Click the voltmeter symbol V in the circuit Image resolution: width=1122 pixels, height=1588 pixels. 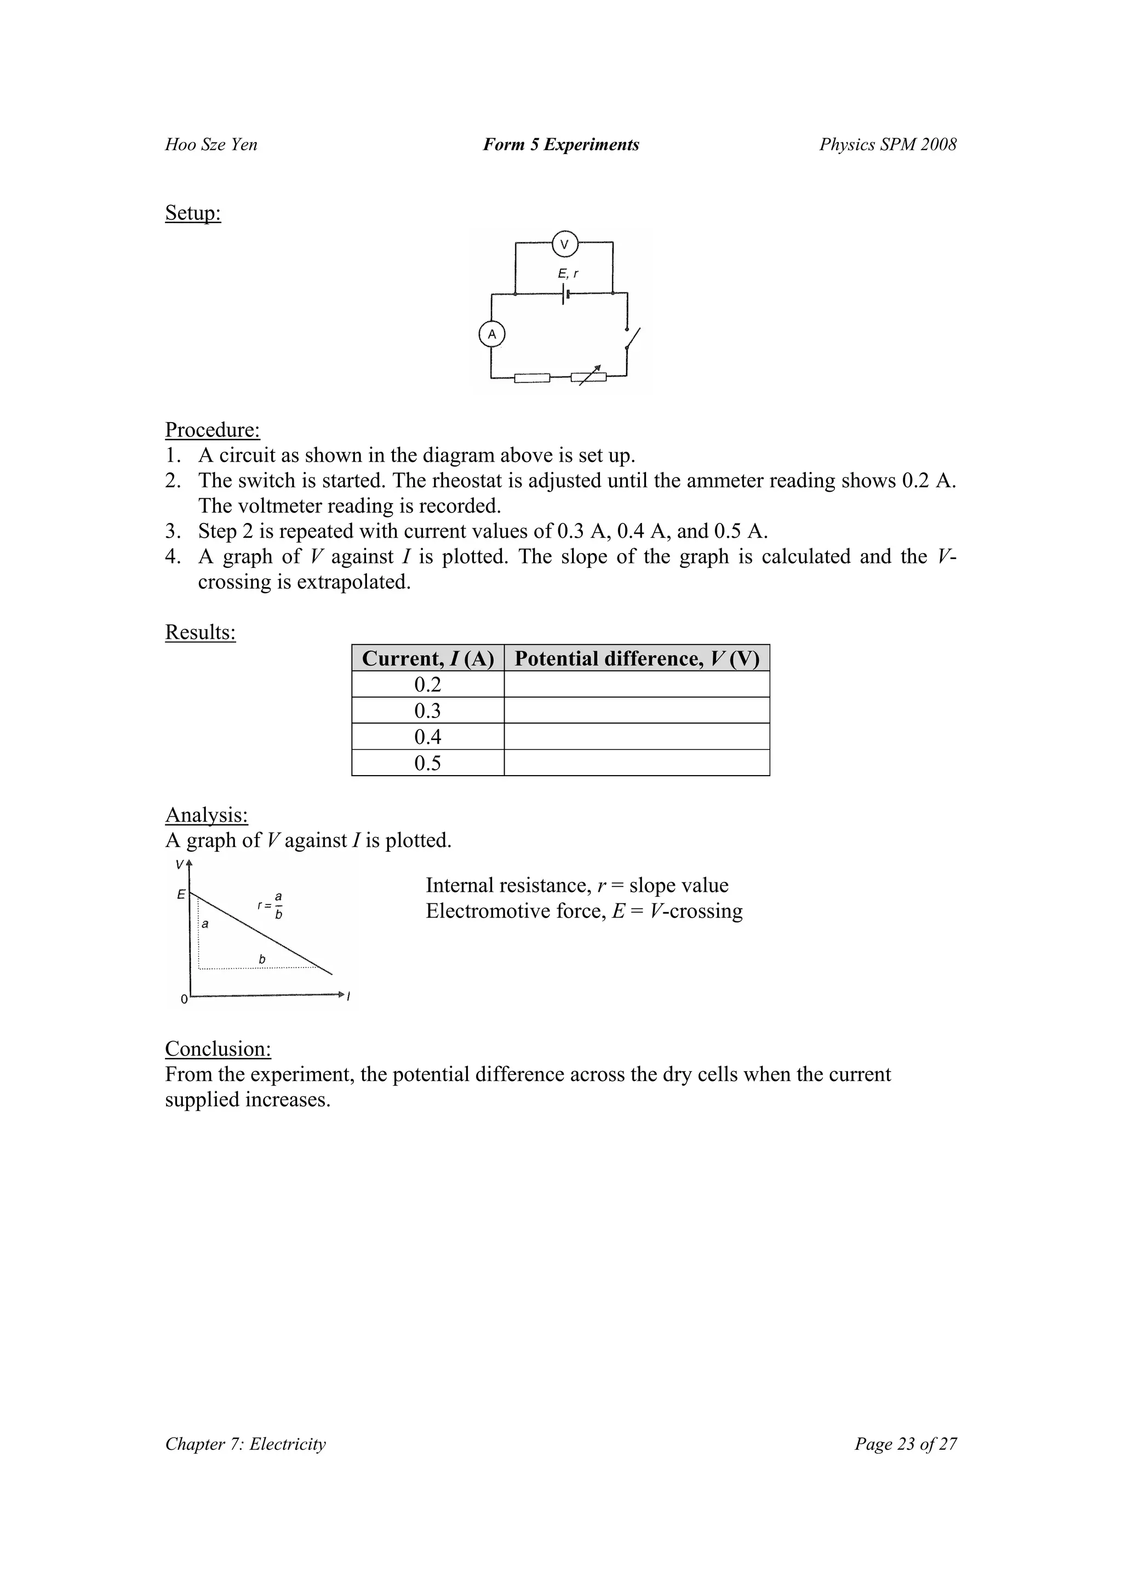tap(564, 244)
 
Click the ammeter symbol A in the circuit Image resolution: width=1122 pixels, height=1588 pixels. tap(492, 335)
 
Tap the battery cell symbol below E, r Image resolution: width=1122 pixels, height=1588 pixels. tap(565, 294)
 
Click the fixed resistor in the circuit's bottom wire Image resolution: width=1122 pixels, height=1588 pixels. tap(533, 378)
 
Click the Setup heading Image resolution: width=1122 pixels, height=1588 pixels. tap(193, 213)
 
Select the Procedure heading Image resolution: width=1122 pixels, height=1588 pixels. tap(212, 430)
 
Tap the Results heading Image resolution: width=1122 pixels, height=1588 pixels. tap(200, 631)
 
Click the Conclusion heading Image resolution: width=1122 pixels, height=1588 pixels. tap(217, 1049)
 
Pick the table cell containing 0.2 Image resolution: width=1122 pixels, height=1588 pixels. tap(427, 685)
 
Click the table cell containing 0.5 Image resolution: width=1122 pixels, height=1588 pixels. tap(427, 763)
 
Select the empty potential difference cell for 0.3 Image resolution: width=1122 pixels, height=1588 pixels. tap(636, 710)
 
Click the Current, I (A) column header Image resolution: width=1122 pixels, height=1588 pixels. tap(427, 658)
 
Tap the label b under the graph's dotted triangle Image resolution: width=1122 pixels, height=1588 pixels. tap(262, 959)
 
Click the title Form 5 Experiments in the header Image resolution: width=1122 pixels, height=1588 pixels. tap(560, 145)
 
